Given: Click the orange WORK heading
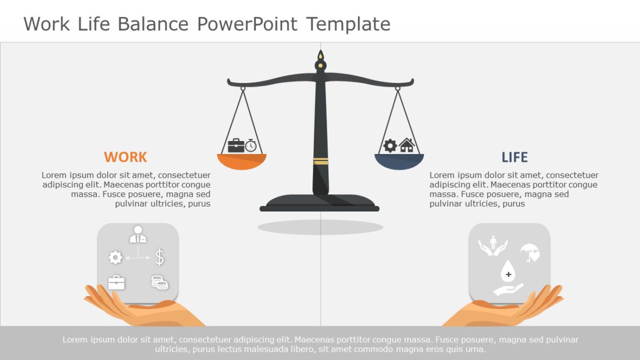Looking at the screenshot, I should tap(125, 157).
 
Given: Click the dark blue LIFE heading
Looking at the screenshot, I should tap(514, 157).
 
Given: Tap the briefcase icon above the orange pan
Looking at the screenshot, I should tap(236, 145).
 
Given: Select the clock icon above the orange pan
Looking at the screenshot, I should tap(251, 145).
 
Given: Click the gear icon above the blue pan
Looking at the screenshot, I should tap(390, 145).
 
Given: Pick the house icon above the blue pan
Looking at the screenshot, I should tap(406, 145).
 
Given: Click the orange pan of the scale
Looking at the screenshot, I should tap(242, 161).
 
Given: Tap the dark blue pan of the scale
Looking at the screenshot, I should tap(399, 161).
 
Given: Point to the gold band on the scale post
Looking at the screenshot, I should tap(321, 161).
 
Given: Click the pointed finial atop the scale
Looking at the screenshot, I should tap(321, 56).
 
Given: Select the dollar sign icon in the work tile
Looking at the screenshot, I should tap(159, 257).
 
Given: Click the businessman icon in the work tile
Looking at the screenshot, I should tap(138, 234).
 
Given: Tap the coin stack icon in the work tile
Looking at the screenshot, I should tap(159, 282).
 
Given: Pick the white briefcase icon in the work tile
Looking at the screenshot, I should tap(116, 282).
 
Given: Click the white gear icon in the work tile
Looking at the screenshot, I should tap(116, 257).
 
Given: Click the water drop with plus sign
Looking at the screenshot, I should tap(508, 271).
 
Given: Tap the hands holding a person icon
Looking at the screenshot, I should tap(492, 245).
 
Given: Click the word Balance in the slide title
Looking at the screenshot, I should tap(152, 24).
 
